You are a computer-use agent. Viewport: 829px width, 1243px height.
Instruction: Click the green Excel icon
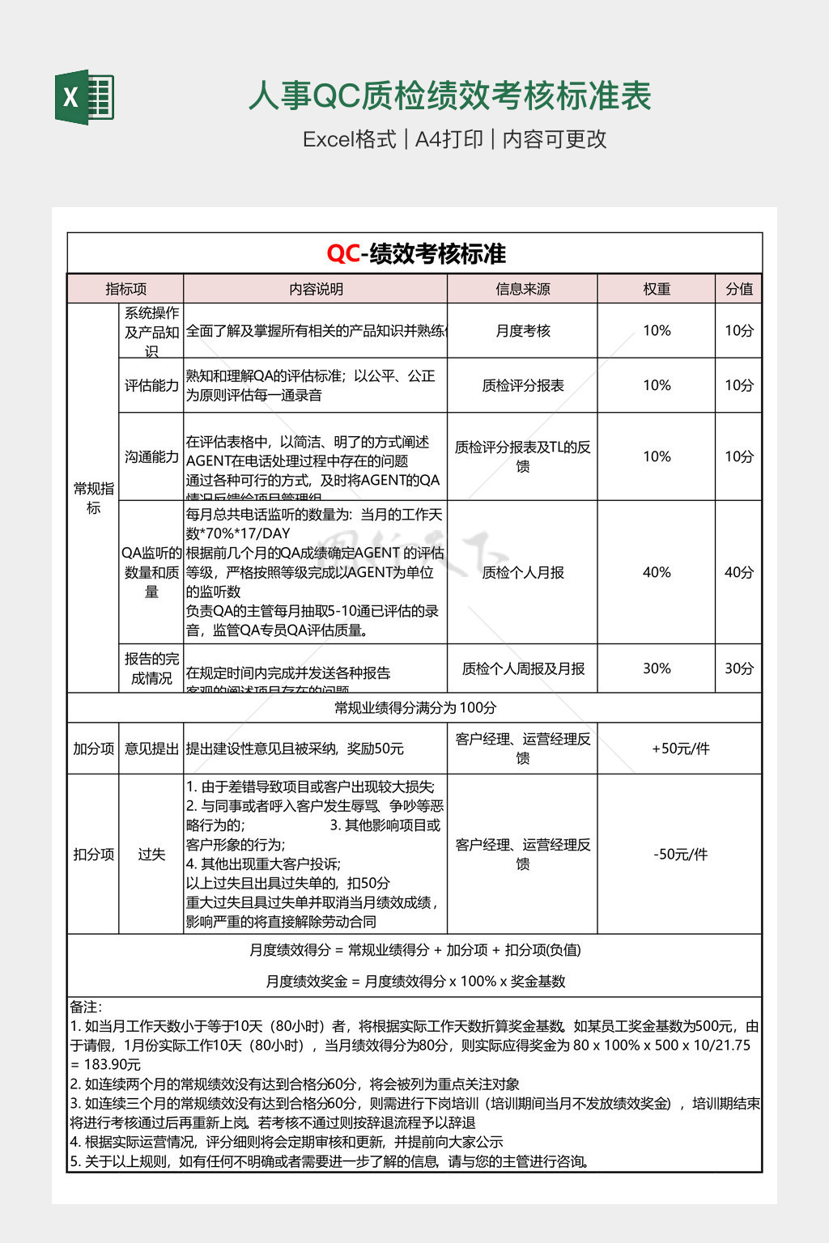click(x=84, y=97)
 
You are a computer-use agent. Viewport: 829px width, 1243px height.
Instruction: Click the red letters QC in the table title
click(x=342, y=254)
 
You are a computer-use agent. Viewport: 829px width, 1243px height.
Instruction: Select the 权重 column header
click(x=657, y=289)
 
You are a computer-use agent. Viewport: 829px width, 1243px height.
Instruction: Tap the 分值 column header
click(x=738, y=289)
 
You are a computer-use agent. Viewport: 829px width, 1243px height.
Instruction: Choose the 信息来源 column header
click(x=522, y=289)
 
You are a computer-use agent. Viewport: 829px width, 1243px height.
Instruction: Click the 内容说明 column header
click(x=316, y=289)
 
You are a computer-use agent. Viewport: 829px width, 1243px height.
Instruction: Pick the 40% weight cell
click(x=657, y=572)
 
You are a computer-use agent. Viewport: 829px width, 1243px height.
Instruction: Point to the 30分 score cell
click(x=738, y=668)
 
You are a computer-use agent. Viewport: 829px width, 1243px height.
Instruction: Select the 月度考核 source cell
click(x=522, y=331)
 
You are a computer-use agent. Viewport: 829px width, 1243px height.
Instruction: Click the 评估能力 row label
click(x=151, y=385)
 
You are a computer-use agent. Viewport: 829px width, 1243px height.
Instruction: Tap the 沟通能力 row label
click(x=151, y=456)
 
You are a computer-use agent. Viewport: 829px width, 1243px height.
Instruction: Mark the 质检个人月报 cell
click(x=522, y=572)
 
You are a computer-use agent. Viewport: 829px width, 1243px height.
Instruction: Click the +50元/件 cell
click(x=680, y=749)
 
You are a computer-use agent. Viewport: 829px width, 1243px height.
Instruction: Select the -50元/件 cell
click(x=680, y=855)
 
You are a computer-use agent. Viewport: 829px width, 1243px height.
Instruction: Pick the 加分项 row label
click(x=93, y=749)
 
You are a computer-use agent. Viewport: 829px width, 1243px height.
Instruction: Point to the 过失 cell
click(x=151, y=855)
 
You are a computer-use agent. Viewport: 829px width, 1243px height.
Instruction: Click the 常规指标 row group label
click(x=93, y=498)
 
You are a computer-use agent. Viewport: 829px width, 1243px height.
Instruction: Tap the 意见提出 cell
click(x=151, y=749)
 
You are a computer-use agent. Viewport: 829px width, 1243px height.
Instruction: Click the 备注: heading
click(x=86, y=1007)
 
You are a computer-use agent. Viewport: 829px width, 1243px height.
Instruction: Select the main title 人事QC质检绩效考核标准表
click(x=449, y=96)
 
